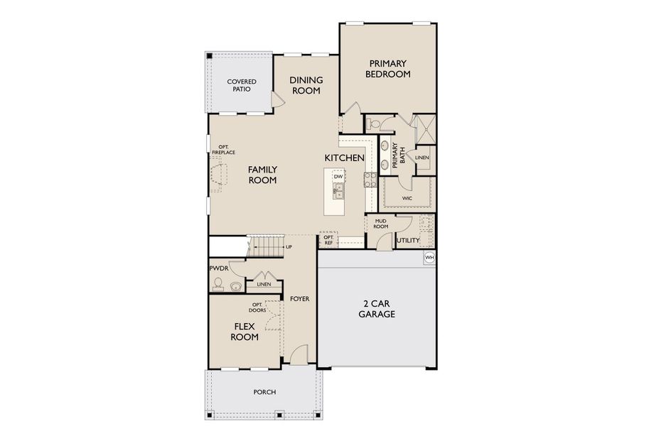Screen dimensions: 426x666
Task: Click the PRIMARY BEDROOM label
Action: click(388, 68)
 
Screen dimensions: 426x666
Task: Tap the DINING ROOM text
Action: click(306, 85)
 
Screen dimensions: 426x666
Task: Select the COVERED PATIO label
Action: click(242, 86)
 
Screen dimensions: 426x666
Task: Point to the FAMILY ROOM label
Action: click(262, 175)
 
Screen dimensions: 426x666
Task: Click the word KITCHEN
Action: click(345, 158)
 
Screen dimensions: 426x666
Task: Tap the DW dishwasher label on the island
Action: click(338, 176)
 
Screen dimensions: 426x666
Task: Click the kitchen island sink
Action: click(338, 190)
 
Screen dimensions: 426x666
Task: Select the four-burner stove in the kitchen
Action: click(370, 180)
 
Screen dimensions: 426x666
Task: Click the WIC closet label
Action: click(407, 198)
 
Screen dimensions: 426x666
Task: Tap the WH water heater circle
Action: click(429, 257)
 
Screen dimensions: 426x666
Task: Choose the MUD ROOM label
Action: click(381, 223)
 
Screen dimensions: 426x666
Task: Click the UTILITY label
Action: click(408, 241)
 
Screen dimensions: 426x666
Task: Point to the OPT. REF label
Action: click(328, 241)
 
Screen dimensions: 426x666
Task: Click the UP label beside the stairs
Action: click(289, 247)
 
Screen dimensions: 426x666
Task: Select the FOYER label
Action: click(299, 299)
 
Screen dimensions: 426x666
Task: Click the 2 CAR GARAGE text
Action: click(376, 309)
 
